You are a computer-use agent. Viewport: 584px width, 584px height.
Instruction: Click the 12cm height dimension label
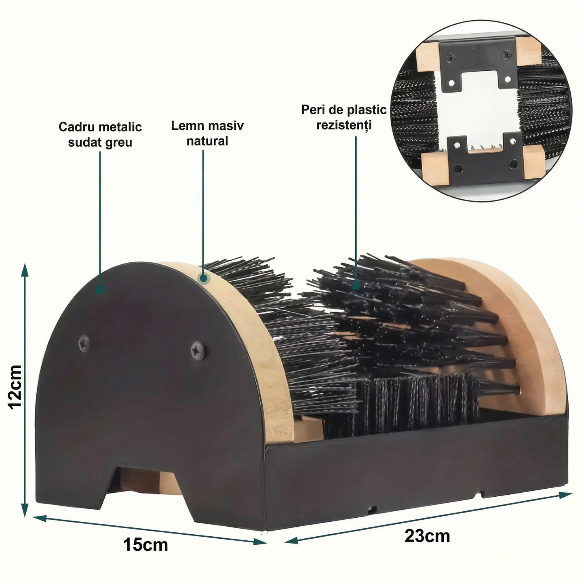click(x=15, y=386)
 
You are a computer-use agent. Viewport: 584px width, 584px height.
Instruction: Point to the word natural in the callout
click(x=207, y=141)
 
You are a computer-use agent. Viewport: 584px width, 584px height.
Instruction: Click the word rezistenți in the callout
click(x=344, y=124)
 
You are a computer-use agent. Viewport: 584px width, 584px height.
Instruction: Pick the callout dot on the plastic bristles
click(x=356, y=285)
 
